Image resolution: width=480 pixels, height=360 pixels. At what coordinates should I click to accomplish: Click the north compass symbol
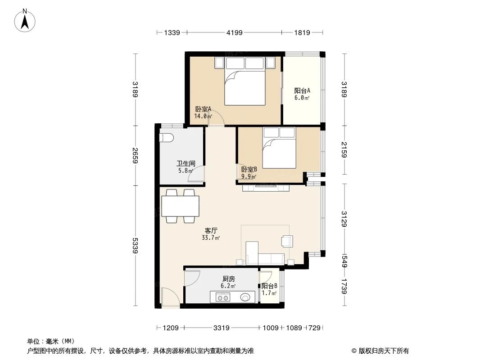click(x=25, y=20)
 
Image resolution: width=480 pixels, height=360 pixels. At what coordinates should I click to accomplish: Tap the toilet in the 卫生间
click(x=167, y=138)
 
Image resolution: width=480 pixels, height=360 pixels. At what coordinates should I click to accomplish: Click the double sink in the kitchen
click(x=222, y=297)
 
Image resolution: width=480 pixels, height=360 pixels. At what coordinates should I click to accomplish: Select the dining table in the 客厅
click(x=180, y=207)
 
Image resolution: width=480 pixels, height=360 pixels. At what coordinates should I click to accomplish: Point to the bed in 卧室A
click(x=245, y=81)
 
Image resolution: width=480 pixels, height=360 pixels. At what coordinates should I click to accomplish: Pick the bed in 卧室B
click(x=279, y=148)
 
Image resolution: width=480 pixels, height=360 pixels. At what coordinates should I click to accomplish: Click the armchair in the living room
click(x=287, y=241)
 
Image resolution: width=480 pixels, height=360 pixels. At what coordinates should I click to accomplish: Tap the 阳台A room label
click(x=302, y=90)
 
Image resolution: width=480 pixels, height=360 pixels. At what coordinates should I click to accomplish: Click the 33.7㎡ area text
click(x=211, y=238)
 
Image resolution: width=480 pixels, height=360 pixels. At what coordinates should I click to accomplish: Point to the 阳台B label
click(x=269, y=286)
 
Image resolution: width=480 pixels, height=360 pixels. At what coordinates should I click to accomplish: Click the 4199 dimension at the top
click(x=235, y=32)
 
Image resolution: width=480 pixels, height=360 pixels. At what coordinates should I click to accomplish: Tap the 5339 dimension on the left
click(x=135, y=246)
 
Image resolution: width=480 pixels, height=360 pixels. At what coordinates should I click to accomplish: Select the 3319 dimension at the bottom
click(x=222, y=328)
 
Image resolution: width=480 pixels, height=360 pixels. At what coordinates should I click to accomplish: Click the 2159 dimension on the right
click(x=344, y=149)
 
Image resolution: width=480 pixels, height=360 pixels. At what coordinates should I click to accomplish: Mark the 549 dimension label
click(x=344, y=261)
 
